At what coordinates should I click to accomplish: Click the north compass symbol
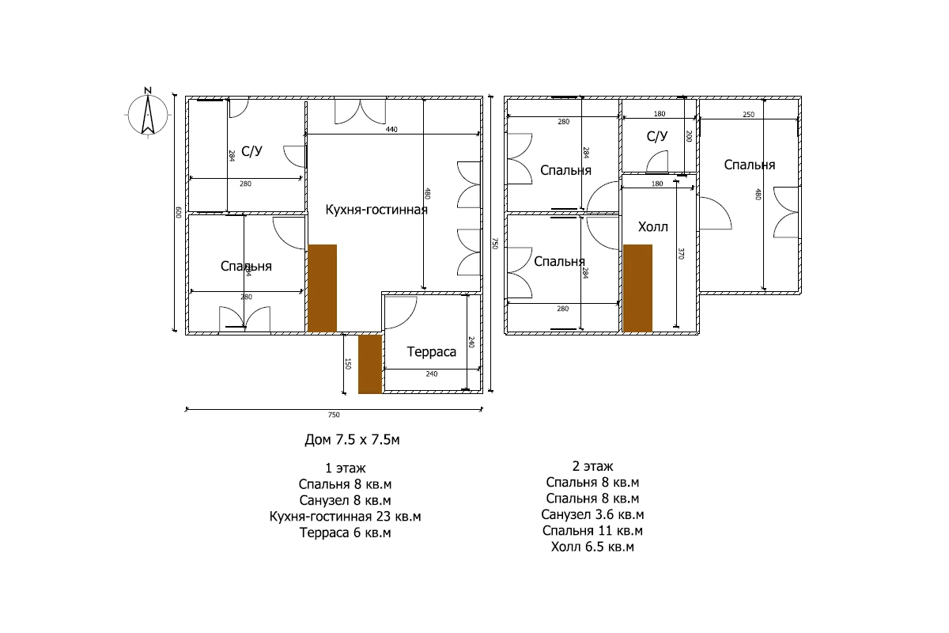coord(148,113)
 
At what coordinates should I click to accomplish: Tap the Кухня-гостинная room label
coord(376,210)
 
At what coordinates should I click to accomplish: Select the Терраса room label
coord(431,351)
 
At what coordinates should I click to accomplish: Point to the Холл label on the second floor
coord(653,227)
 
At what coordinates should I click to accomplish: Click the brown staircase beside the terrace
coord(370,364)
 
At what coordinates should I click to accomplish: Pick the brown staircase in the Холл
coord(637,288)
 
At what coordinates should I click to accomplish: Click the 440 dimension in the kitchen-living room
coord(391,130)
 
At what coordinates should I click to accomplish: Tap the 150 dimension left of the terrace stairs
coord(348,364)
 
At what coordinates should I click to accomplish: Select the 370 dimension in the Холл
coord(681,253)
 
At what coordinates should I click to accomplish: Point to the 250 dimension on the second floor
coord(749,115)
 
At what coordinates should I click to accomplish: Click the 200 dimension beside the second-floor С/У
coord(689,136)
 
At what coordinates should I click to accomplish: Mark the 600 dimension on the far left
coord(179,212)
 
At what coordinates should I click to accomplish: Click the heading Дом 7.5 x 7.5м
coord(352,440)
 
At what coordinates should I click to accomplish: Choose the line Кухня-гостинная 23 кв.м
coord(346,517)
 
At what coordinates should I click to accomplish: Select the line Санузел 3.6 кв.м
coord(592,514)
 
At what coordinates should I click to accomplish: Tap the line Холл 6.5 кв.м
coord(592,547)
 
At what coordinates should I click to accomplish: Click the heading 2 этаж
coord(592,466)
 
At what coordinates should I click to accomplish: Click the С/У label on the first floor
coord(251,151)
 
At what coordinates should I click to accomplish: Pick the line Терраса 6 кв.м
coord(346,533)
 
